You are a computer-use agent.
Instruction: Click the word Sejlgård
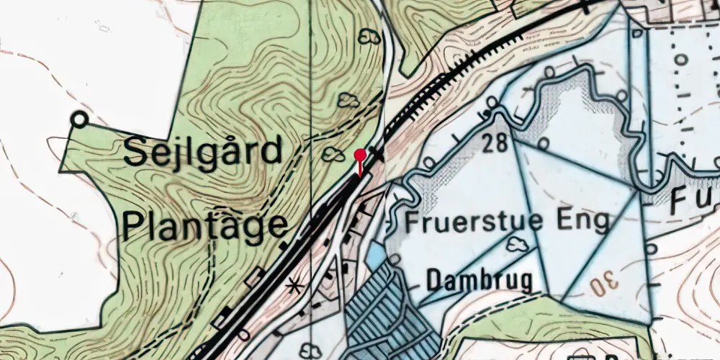click(x=202, y=153)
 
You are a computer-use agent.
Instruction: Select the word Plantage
click(x=204, y=225)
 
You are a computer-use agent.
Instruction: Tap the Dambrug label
click(x=480, y=279)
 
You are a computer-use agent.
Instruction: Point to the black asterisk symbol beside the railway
click(x=293, y=287)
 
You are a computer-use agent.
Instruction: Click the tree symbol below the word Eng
click(x=516, y=246)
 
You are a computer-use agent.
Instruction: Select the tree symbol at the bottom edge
click(x=311, y=351)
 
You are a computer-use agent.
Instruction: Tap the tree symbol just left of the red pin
click(x=333, y=153)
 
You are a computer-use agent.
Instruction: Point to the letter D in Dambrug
click(x=435, y=279)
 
